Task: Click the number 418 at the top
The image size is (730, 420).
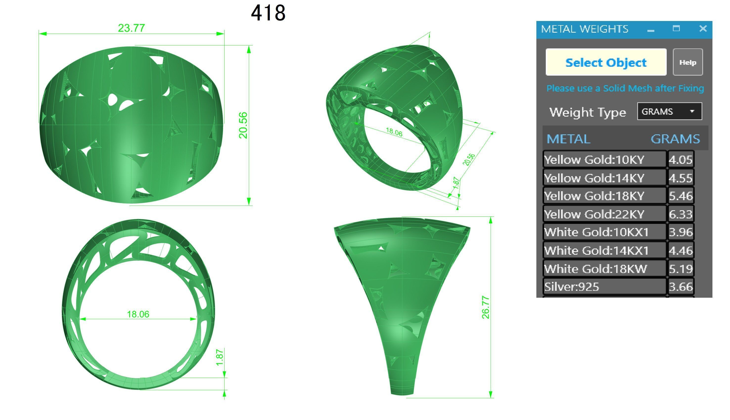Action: coord(268,13)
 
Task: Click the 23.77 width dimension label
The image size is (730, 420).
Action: coord(131,28)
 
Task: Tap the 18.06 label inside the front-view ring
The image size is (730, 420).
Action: coord(138,314)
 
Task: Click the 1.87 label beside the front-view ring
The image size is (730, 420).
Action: coord(220,357)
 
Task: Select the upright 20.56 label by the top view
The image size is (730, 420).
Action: coord(243,125)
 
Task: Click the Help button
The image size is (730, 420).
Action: coord(687,62)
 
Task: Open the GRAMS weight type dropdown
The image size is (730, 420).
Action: coord(669,111)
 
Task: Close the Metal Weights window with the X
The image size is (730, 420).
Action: coord(703,29)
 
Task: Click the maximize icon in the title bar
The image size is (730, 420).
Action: coord(676,29)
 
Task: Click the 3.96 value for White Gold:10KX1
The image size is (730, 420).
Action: coord(680,232)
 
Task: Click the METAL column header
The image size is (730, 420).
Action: coord(568,139)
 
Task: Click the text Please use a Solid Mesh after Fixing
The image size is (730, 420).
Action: coord(625,88)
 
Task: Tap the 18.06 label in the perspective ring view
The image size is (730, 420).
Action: coord(394,132)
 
